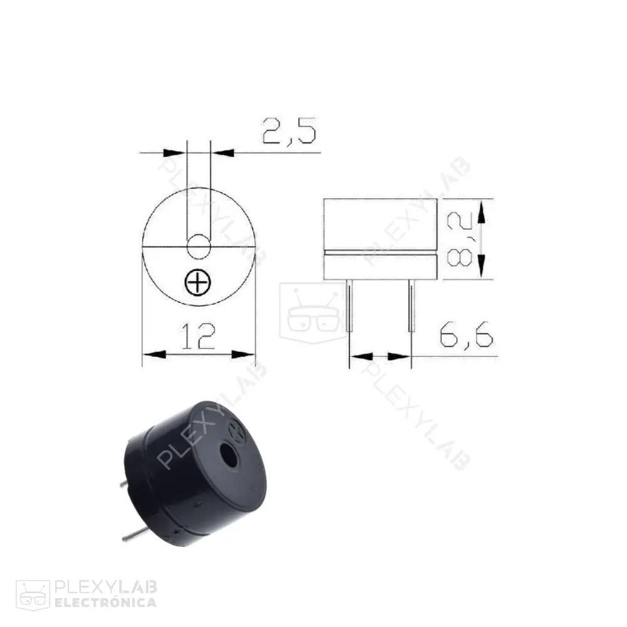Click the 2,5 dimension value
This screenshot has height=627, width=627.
coord(289,133)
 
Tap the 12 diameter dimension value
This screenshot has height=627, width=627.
coord(198,337)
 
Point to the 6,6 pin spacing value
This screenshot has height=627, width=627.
coord(466,337)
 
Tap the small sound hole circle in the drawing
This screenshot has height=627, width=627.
coord(199,247)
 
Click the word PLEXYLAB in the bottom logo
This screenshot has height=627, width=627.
coord(106,588)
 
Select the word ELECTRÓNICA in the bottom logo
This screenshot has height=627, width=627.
coord(106,603)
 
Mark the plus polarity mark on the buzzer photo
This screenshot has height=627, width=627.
coord(238,431)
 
